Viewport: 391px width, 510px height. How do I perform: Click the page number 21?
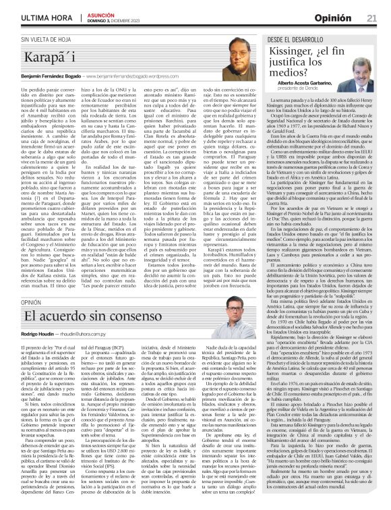(371, 16)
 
